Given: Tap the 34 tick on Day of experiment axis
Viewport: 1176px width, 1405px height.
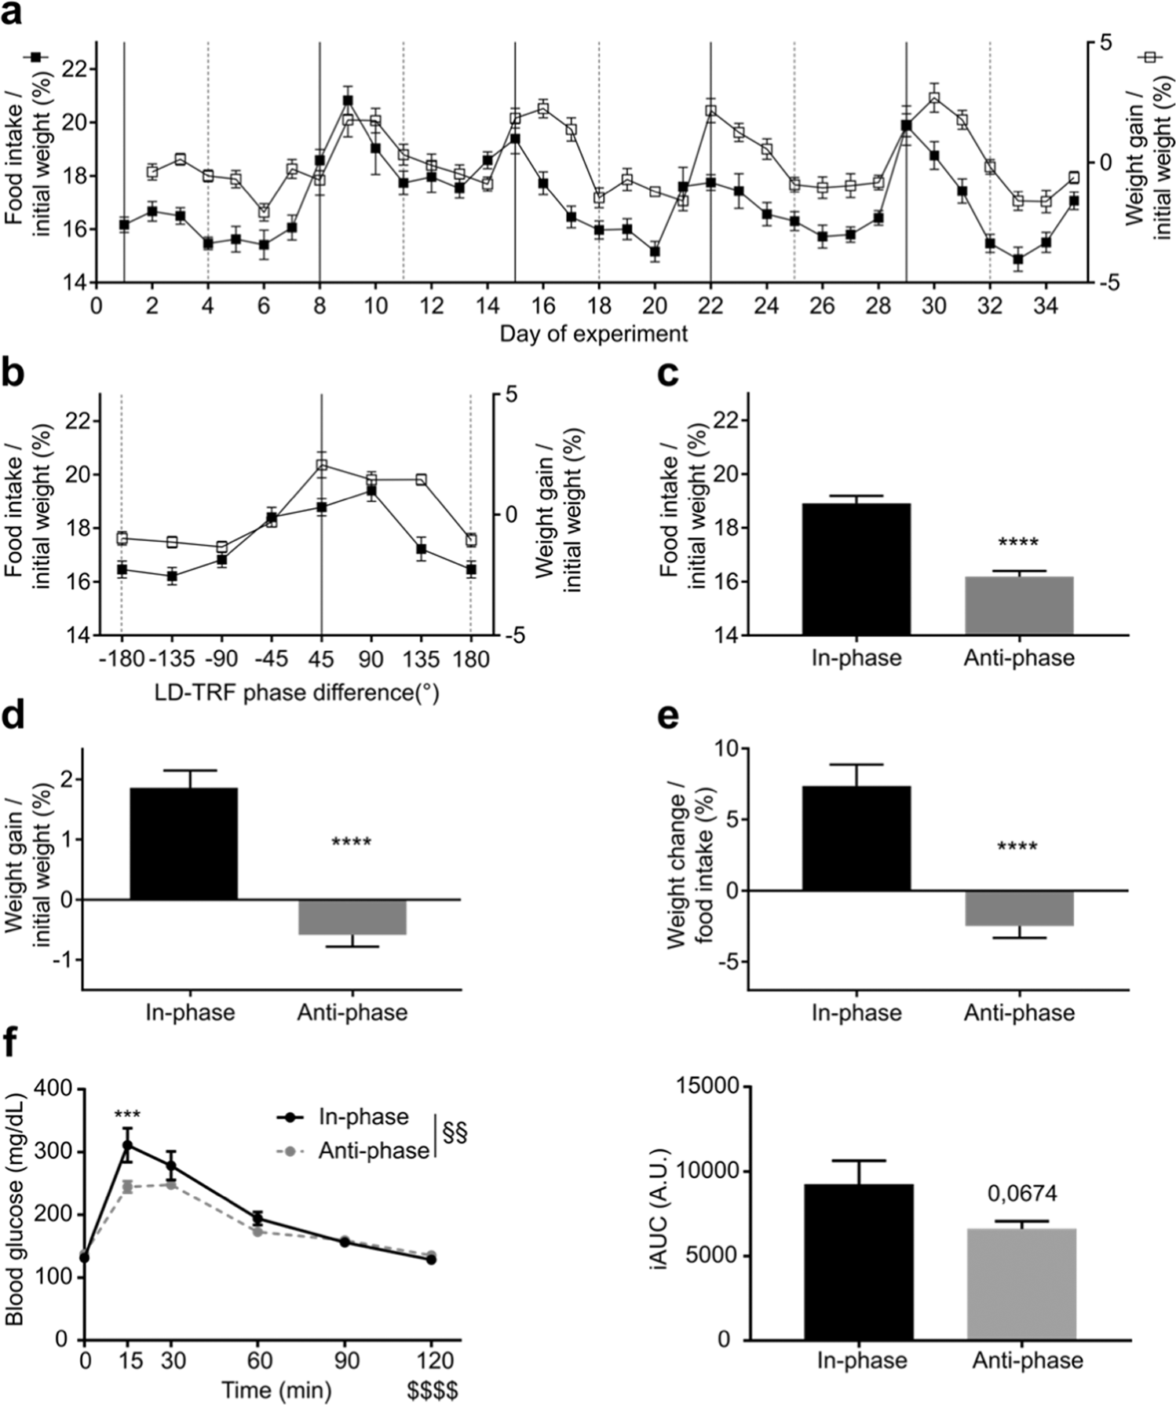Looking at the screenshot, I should click(1045, 304).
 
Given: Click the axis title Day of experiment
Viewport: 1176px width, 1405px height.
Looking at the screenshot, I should click(593, 334).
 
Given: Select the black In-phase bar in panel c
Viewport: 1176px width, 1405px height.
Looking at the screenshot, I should click(856, 569).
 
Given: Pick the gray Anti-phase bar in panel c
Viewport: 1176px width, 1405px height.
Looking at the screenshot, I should click(1018, 606).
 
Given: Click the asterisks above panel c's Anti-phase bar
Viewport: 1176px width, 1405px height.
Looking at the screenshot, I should click(1017, 543).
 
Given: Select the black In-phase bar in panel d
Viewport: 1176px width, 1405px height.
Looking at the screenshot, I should click(183, 843).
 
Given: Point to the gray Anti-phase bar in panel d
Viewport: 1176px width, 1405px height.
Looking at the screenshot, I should click(352, 917).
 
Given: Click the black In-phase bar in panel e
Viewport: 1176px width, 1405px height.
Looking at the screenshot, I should click(856, 838).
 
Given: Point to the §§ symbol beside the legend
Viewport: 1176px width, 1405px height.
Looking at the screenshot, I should click(455, 1132).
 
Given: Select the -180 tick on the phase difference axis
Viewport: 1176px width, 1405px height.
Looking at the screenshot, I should click(122, 658).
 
